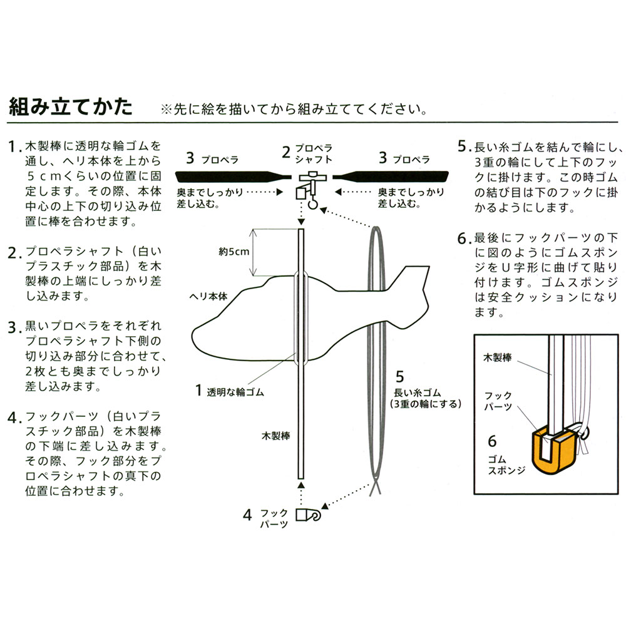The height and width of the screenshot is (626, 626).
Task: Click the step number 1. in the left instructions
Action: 16,148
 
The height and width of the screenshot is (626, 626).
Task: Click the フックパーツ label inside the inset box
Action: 499,401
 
